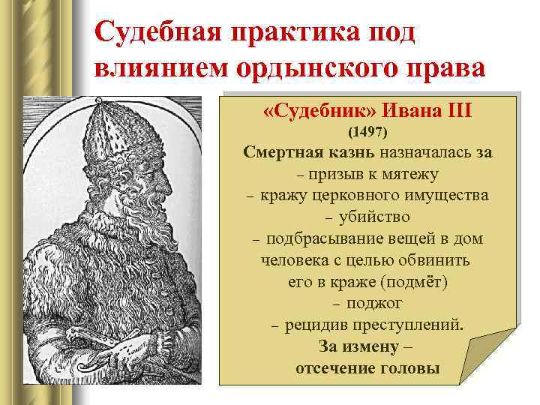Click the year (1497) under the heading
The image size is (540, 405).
click(x=367, y=133)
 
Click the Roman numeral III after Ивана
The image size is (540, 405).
click(x=455, y=112)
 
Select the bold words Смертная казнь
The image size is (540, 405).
click(x=310, y=153)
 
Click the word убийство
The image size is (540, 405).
click(x=374, y=217)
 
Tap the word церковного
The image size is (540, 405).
click(x=357, y=196)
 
